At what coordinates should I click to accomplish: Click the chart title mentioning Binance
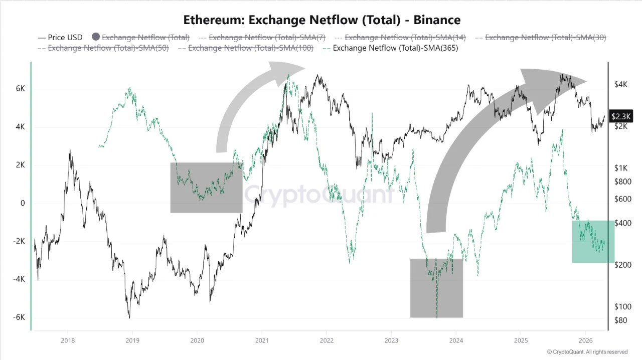[x=322, y=20]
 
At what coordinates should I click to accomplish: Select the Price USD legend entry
[x=60, y=38]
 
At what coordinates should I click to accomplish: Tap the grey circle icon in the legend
[x=96, y=37]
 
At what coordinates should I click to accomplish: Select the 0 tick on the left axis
[x=23, y=203]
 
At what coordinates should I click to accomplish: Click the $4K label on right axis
[x=621, y=85]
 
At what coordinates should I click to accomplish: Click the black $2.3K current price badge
[x=621, y=116]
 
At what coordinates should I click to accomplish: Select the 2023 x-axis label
[x=391, y=340]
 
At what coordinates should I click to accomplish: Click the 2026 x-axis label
[x=585, y=340]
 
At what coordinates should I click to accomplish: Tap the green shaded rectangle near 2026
[x=593, y=241]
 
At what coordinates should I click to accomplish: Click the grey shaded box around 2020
[x=206, y=188]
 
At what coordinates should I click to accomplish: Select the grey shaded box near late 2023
[x=436, y=288]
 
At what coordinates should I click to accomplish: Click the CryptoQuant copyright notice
[x=587, y=352]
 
